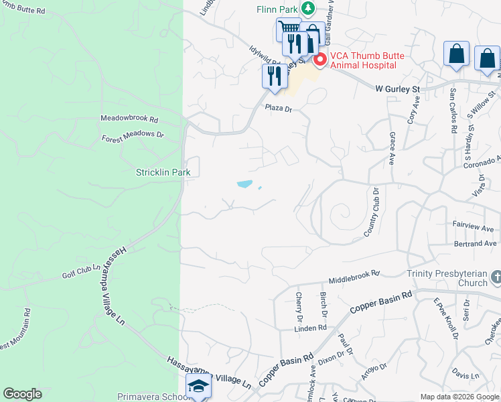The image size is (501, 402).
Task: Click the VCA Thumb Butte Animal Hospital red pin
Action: coord(320,60)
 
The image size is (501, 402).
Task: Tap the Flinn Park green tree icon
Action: coord(307,9)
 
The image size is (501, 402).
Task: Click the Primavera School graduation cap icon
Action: coord(198,387)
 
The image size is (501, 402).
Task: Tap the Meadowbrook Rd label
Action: coord(129,119)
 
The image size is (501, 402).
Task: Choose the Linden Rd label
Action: coord(312,328)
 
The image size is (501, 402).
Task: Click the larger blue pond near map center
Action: coord(244,184)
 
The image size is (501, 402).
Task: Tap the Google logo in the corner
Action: coord(22,394)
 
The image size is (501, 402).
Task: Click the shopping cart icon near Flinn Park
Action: coord(288,29)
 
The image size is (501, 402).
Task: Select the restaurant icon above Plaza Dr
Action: coord(273,76)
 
